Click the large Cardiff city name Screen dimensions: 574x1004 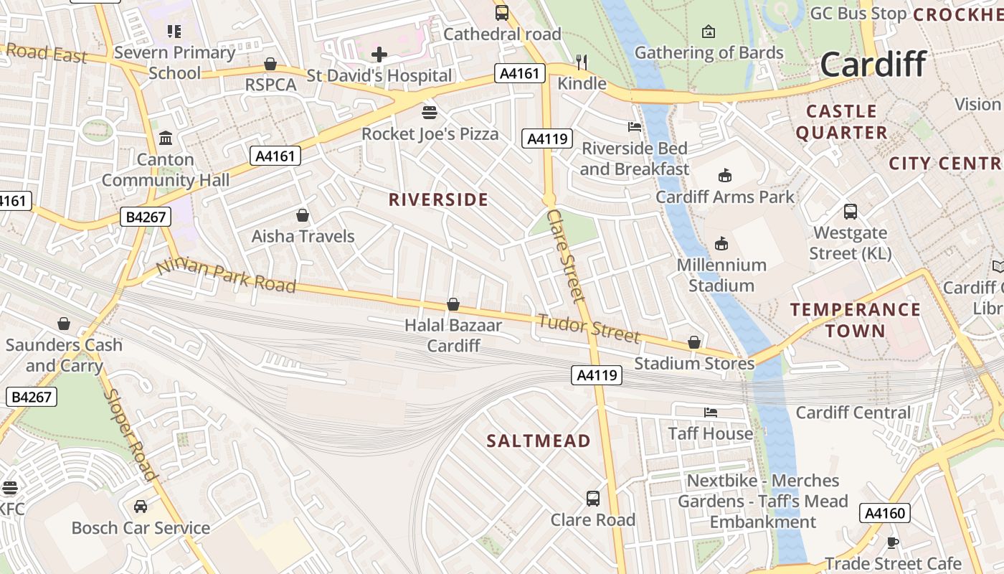pos(873,64)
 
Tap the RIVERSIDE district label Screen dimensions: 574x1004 pos(437,199)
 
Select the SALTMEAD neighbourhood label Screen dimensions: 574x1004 pos(538,441)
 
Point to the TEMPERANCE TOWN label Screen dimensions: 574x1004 pos(855,320)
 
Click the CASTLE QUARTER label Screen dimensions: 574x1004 pos(841,122)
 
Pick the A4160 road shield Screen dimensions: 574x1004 pos(885,513)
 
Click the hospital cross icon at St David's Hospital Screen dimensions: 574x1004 pos(379,55)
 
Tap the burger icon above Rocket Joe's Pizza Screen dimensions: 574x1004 pos(430,113)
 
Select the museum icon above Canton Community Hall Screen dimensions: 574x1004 pos(166,138)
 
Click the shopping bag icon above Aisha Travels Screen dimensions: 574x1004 pos(303,215)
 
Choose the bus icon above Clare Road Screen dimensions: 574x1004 pos(593,498)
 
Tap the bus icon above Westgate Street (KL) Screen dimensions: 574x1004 pos(850,212)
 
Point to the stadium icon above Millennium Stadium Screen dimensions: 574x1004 pos(721,244)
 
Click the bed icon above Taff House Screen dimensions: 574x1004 pos(710,413)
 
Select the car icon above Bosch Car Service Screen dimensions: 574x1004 pos(141,507)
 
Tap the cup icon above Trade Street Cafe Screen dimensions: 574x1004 pos(892,542)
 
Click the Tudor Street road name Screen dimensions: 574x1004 pos(587,328)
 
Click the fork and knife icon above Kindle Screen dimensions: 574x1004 pos(582,62)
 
